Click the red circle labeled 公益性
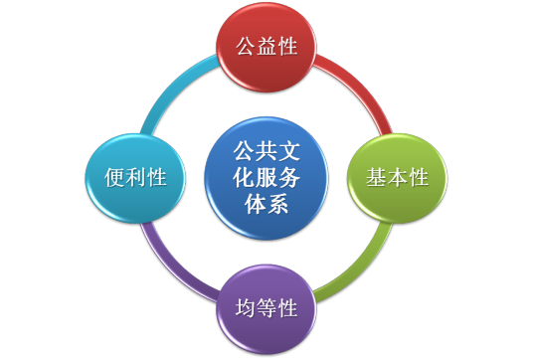tap(266, 47)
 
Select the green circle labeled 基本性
tap(397, 178)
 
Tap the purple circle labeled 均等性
tap(266, 307)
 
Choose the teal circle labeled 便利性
tap(134, 178)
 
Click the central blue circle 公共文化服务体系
tap(266, 178)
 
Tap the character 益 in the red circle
tap(266, 47)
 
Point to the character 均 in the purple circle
tap(245, 307)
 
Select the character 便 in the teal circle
tap(114, 178)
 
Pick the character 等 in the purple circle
tap(266, 307)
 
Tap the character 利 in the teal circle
tap(135, 178)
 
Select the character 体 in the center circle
tap(255, 204)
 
